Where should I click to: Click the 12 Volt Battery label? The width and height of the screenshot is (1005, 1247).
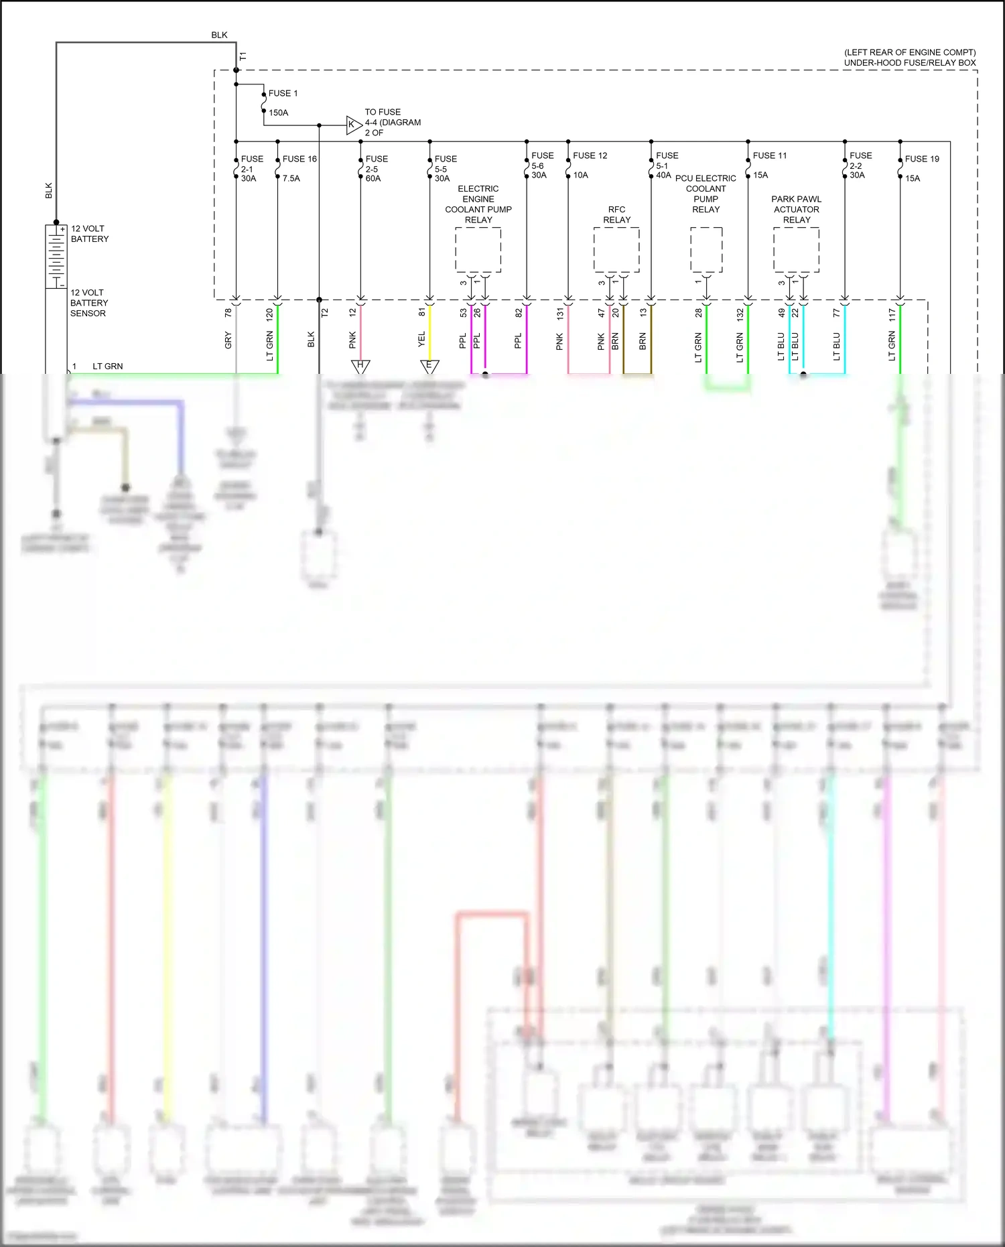click(x=89, y=234)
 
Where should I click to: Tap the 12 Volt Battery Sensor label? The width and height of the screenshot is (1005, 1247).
click(x=88, y=303)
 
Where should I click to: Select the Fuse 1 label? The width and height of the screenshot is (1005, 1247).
click(x=283, y=93)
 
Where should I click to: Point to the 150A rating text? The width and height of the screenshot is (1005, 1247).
click(x=278, y=113)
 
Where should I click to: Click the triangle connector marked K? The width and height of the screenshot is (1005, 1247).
click(x=353, y=125)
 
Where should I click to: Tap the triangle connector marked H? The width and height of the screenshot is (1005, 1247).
click(x=360, y=366)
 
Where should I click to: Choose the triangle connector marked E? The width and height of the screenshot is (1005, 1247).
click(x=429, y=366)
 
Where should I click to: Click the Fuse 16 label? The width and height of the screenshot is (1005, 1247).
click(x=299, y=159)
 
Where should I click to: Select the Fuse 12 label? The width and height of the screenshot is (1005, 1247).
click(x=590, y=155)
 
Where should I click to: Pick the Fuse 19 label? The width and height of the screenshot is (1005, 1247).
click(x=922, y=159)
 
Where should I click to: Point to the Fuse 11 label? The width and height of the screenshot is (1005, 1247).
click(x=770, y=155)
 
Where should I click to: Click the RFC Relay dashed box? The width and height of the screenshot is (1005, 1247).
click(x=616, y=250)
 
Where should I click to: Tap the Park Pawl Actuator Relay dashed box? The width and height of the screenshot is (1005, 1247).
click(x=796, y=250)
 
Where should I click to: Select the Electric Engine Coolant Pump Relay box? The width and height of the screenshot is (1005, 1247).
click(x=478, y=250)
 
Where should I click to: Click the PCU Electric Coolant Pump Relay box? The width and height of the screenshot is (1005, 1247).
click(x=706, y=250)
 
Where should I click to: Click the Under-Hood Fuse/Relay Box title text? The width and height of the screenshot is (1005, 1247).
click(x=909, y=63)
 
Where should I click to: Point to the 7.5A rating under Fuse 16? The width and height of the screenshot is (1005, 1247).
click(x=291, y=178)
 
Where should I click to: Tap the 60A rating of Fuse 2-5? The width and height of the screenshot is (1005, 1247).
click(x=373, y=178)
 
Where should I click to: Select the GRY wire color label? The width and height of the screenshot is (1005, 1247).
click(x=228, y=340)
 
